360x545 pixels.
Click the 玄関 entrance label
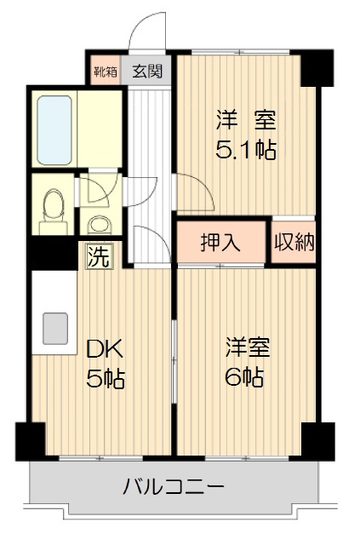[x=147, y=72]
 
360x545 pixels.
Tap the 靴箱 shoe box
[x=106, y=71]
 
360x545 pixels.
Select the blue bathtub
[x=54, y=130]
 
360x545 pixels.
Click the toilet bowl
[x=53, y=208]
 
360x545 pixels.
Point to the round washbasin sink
[x=100, y=225]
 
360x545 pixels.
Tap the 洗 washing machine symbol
[x=100, y=257]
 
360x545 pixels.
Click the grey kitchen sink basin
[x=55, y=329]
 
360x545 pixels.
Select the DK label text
[x=104, y=350]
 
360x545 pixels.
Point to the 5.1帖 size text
[x=246, y=150]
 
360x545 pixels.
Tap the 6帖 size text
[x=244, y=376]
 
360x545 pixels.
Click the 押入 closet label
[x=221, y=242]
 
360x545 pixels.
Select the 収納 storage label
[x=294, y=242]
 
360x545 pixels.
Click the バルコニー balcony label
[x=174, y=487]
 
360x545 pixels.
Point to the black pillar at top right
[x=317, y=68]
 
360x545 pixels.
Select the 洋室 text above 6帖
[x=247, y=347]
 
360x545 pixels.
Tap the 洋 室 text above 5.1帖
[x=246, y=120]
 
